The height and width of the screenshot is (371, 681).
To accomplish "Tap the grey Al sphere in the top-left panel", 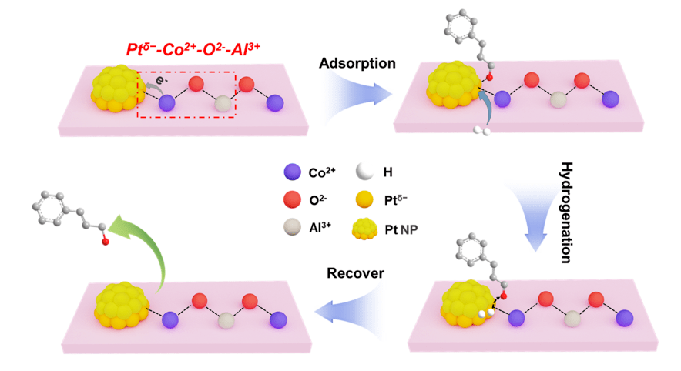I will (x=222, y=104).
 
